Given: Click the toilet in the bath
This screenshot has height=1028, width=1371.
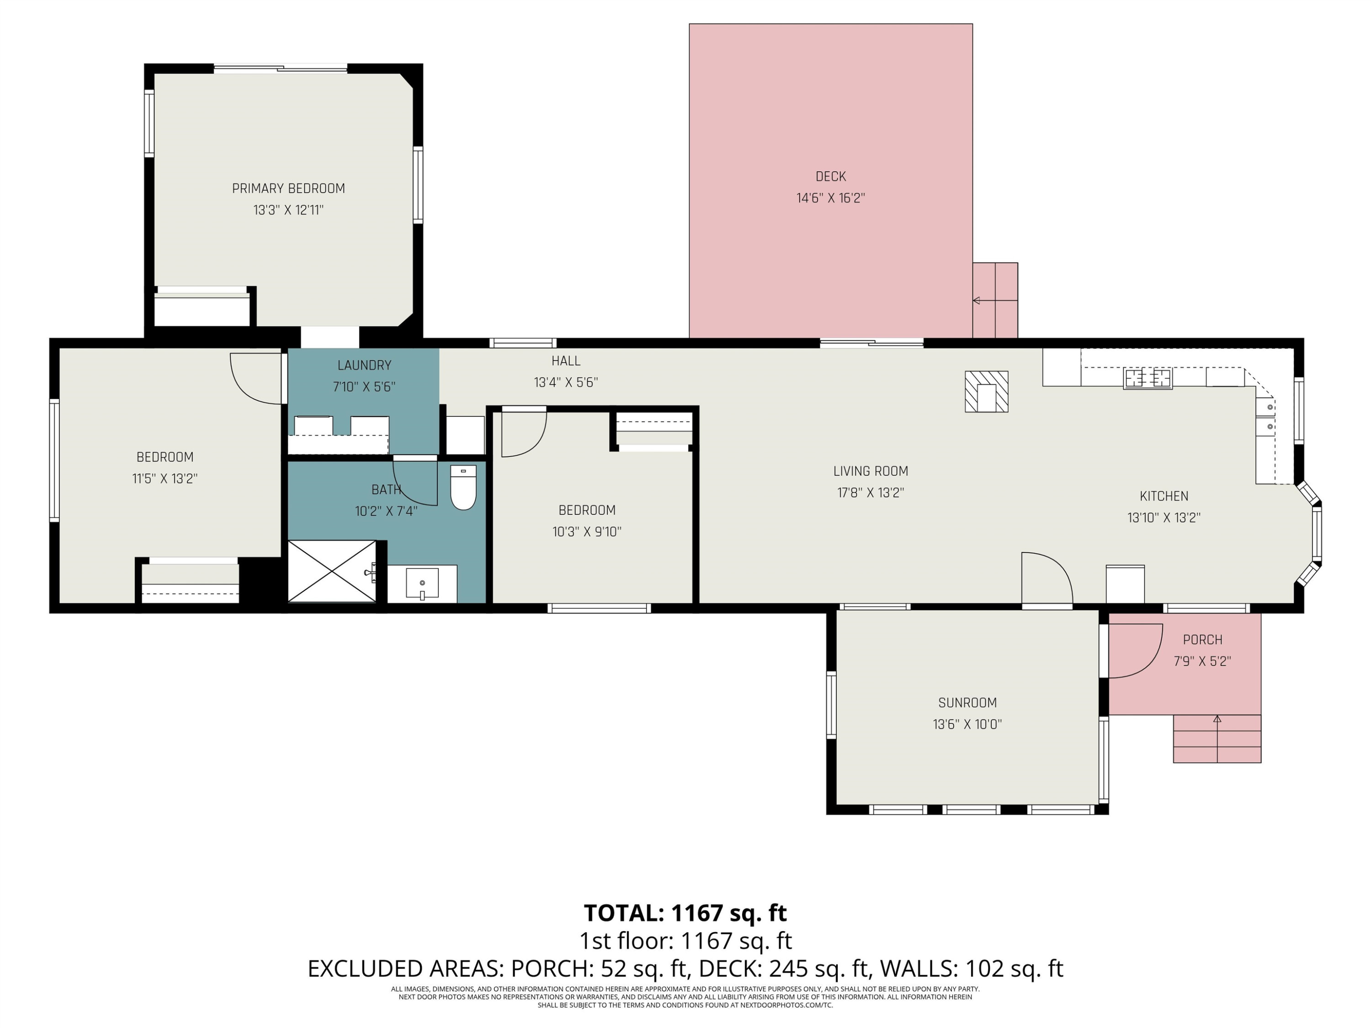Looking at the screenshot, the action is (x=463, y=487).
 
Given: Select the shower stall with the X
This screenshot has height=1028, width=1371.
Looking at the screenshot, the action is (x=332, y=571).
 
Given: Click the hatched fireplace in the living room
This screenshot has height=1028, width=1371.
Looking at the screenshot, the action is (x=987, y=392).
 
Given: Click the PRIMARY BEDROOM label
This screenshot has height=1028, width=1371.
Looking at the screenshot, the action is (x=288, y=188).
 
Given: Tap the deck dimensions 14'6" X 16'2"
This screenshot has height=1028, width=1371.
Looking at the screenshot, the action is (x=830, y=198).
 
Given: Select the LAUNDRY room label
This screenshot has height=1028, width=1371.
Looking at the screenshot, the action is (x=364, y=366).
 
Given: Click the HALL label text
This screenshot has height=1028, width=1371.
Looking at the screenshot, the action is (x=566, y=360).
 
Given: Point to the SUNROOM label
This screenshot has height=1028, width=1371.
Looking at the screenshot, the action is (x=967, y=703).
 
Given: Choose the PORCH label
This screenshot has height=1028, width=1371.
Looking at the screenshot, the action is (x=1202, y=640).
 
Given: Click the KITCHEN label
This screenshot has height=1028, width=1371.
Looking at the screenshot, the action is (x=1164, y=496).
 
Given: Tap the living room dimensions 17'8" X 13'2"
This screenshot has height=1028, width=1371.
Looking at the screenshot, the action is (x=871, y=493).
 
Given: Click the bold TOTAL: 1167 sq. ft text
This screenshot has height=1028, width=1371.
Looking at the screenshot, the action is (x=685, y=913).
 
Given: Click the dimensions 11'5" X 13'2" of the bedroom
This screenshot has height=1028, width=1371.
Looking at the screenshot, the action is (x=165, y=478).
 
